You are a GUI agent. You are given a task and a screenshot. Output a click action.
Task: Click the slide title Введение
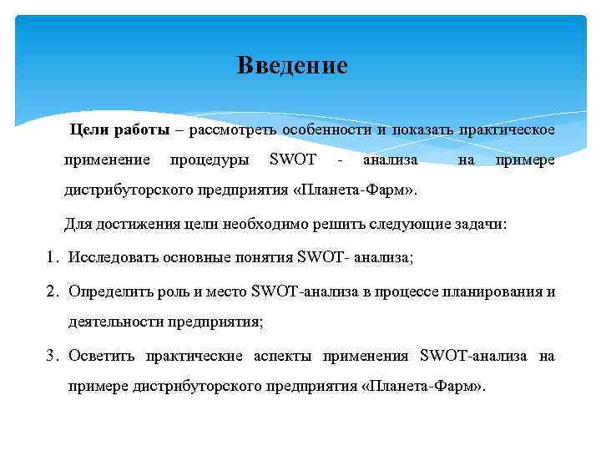pos(291,65)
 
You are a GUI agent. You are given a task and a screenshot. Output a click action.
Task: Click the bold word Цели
pos(87,130)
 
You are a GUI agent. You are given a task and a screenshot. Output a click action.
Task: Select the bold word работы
pos(142,130)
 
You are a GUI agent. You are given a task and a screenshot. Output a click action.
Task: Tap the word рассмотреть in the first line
pos(233,130)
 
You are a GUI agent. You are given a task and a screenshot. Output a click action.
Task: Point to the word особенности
pos(326,130)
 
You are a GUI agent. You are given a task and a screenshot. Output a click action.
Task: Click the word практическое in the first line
pos(505,130)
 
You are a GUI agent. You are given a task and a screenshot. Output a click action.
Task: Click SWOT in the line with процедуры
pos(294,160)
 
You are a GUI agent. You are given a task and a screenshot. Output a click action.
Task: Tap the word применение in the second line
pos(108,160)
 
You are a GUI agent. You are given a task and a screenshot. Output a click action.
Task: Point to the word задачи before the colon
pos(479,225)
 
